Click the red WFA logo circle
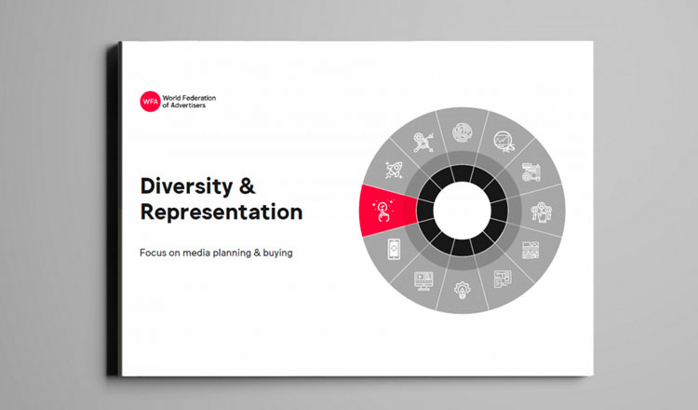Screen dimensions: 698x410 pyautogui.click(x=150, y=102)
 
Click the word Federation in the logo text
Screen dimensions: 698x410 pyautogui.click(x=199, y=98)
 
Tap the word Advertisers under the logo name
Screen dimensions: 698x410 pyautogui.click(x=188, y=105)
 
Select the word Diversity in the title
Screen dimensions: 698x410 pyautogui.click(x=186, y=186)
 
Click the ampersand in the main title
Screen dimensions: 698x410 pyautogui.click(x=248, y=185)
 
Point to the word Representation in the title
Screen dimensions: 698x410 pyautogui.click(x=221, y=212)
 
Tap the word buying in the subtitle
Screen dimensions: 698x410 pyautogui.click(x=277, y=253)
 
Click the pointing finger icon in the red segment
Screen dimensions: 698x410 pyautogui.click(x=383, y=210)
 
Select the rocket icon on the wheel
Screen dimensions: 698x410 pyautogui.click(x=394, y=170)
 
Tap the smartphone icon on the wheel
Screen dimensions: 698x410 pyautogui.click(x=394, y=249)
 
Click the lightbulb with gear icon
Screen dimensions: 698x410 pyautogui.click(x=462, y=290)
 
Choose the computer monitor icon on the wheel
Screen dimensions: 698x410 pyautogui.click(x=423, y=280)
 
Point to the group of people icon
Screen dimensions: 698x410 pyautogui.click(x=542, y=212)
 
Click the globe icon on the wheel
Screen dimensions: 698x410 pyautogui.click(x=462, y=132)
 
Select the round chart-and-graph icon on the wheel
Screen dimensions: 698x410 pyautogui.click(x=503, y=142)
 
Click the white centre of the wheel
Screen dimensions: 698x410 pyautogui.click(x=462, y=211)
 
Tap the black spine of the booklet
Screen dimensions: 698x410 pyautogui.click(x=114, y=209)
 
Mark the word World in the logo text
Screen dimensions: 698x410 pyautogui.click(x=171, y=98)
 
